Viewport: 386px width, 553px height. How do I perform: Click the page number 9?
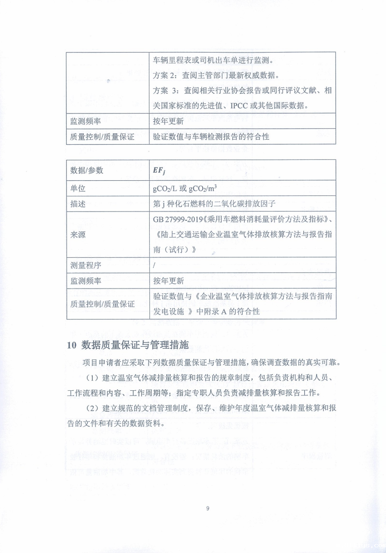[207, 509]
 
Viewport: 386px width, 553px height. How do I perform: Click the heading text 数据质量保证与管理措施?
[135, 345]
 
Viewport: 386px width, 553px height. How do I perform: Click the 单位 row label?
[78, 188]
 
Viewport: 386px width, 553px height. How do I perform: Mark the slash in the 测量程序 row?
[154, 265]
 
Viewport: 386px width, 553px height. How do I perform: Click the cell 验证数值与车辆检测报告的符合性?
[211, 137]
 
